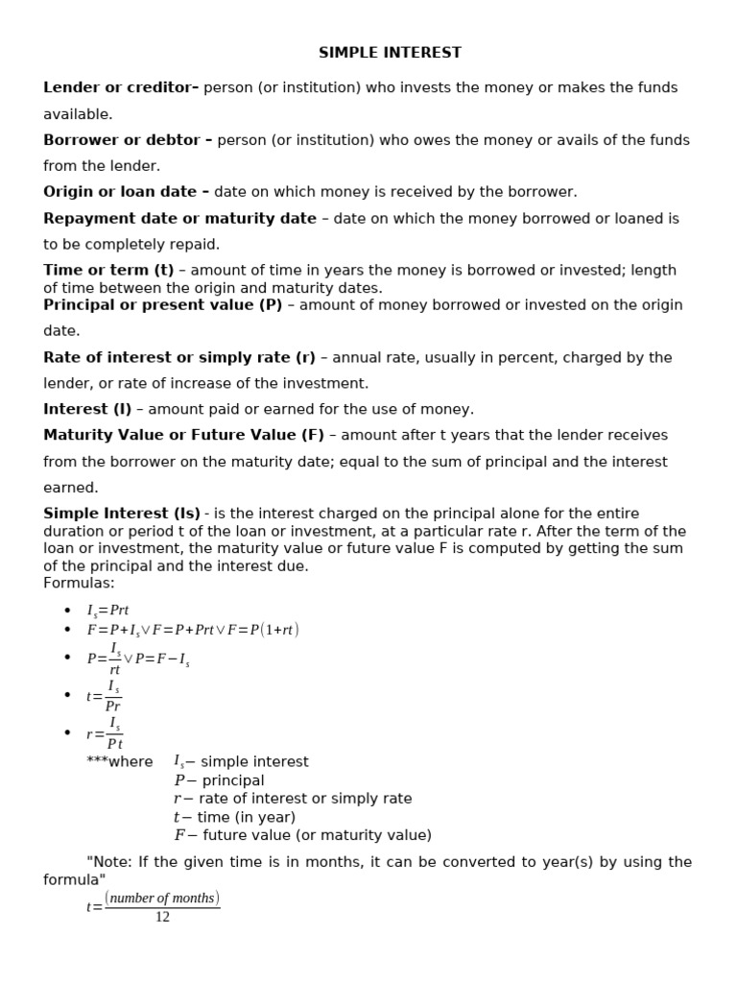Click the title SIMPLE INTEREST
pyautogui.click(x=390, y=53)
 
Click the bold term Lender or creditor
pyautogui.click(x=120, y=87)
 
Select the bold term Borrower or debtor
pyautogui.click(x=128, y=140)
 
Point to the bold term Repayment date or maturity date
pyautogui.click(x=179, y=218)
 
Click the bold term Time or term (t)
pyautogui.click(x=108, y=270)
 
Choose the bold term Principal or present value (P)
pyautogui.click(x=162, y=304)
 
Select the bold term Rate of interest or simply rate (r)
pyautogui.click(x=179, y=357)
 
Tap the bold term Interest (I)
pyautogui.click(x=87, y=409)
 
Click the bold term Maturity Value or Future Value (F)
pyautogui.click(x=183, y=435)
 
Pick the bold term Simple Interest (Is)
pyautogui.click(x=122, y=514)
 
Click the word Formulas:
pyautogui.click(x=79, y=583)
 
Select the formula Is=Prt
pyautogui.click(x=107, y=611)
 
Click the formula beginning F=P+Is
pyautogui.click(x=192, y=630)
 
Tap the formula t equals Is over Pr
pyautogui.click(x=105, y=695)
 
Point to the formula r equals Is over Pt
pyautogui.click(x=105, y=732)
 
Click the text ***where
pyautogui.click(x=119, y=761)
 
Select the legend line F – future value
pyautogui.click(x=302, y=834)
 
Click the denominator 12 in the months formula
pyautogui.click(x=162, y=917)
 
